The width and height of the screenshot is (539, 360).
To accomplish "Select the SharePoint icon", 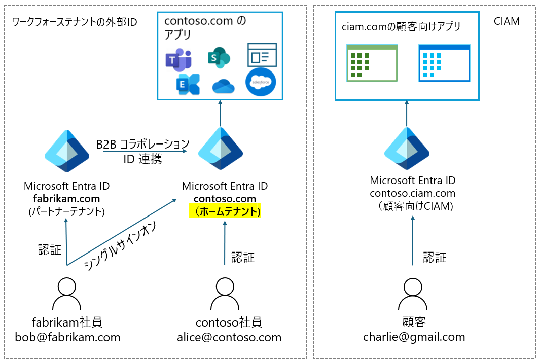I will (219, 58).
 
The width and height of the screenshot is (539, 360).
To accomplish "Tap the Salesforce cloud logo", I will (260, 82).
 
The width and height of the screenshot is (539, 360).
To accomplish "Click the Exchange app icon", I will (187, 85).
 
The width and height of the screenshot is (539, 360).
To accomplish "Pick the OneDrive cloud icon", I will (224, 87).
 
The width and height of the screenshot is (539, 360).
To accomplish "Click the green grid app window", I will (372, 63).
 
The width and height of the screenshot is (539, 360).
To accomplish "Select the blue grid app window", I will (444, 63).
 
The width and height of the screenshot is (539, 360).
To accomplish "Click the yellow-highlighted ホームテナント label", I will (225, 211).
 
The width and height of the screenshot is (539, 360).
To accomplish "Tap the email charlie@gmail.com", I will (414, 337).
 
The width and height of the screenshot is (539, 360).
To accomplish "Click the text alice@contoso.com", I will (229, 337).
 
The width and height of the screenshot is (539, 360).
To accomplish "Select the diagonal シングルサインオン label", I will (127, 244).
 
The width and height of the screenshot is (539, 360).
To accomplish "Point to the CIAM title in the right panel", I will (506, 22).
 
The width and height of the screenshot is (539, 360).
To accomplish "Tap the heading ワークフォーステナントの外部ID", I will (74, 22).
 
